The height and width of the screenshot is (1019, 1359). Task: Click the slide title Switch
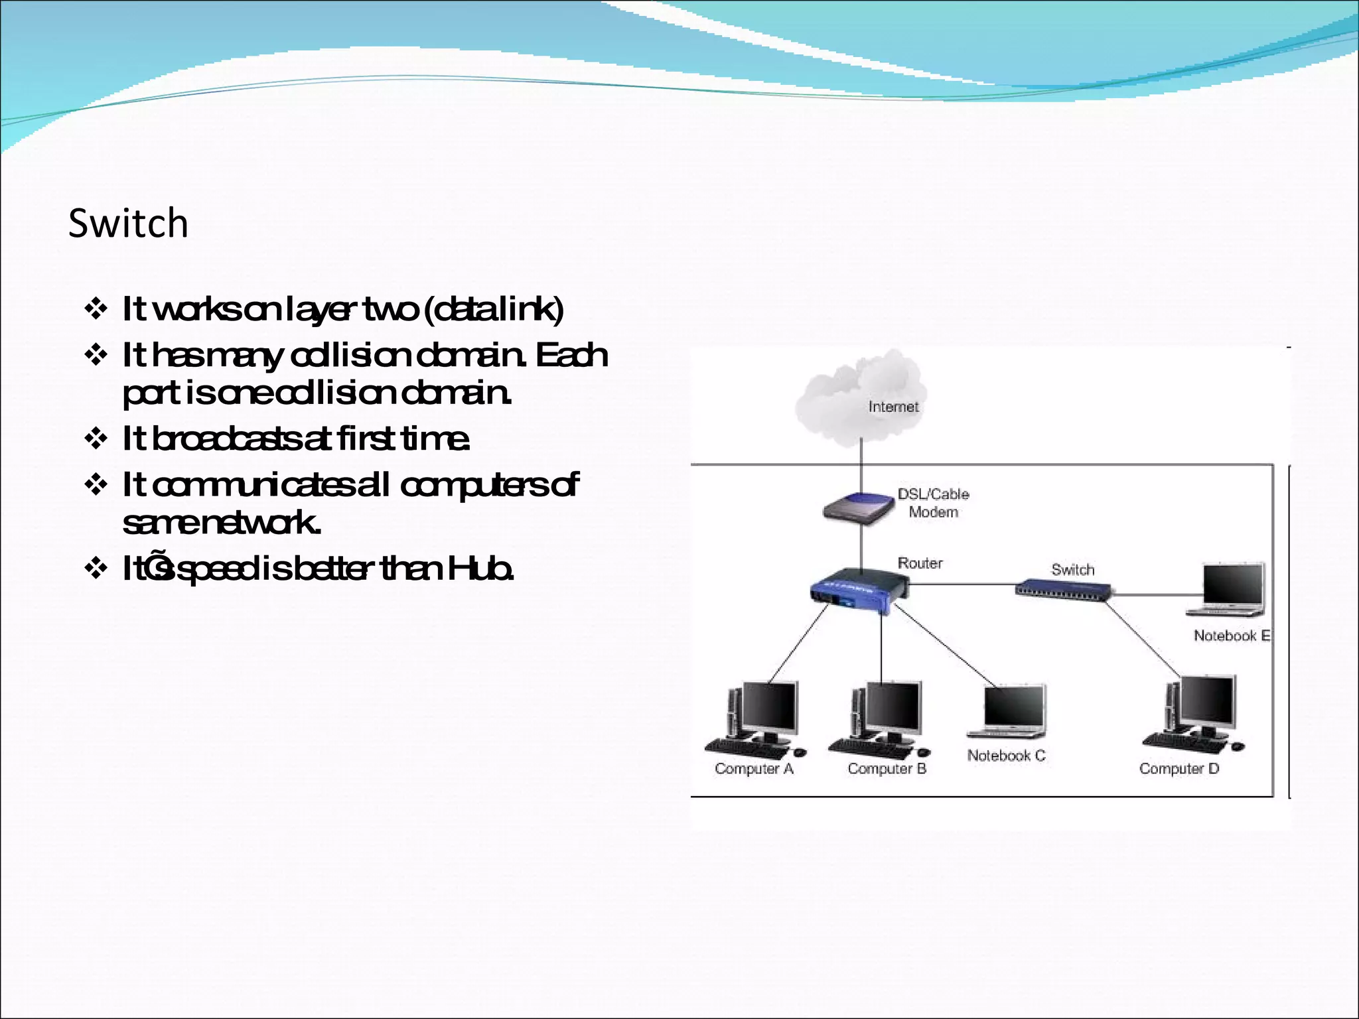pyautogui.click(x=128, y=223)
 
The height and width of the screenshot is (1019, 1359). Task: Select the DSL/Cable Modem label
pyautogui.click(x=933, y=503)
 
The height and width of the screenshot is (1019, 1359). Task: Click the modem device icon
pyautogui.click(x=859, y=509)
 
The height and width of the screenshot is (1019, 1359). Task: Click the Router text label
pyautogui.click(x=920, y=563)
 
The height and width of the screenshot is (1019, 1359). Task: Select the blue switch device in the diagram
pyautogui.click(x=1063, y=589)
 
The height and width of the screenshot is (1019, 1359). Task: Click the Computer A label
pyautogui.click(x=754, y=769)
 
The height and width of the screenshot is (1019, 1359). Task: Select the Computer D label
pyautogui.click(x=1179, y=769)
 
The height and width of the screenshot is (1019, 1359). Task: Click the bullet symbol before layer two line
pyautogui.click(x=96, y=309)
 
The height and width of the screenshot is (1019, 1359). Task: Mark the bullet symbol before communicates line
pyautogui.click(x=96, y=485)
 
